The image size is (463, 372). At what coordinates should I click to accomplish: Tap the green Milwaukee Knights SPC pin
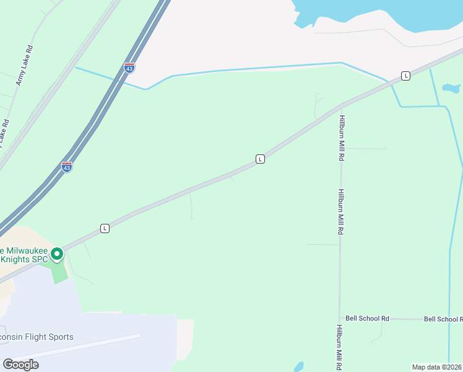tap(57, 254)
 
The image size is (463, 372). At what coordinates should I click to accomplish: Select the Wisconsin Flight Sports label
tap(37, 337)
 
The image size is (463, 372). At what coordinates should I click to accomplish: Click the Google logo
tap(20, 365)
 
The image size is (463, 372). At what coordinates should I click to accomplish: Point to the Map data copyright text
tap(437, 367)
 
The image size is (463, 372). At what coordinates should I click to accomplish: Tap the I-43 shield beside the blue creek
tap(129, 67)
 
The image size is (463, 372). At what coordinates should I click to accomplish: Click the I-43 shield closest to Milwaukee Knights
tap(67, 167)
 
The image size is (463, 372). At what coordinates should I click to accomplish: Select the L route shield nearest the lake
tap(405, 76)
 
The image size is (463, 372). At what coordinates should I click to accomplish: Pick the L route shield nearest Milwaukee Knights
tap(105, 228)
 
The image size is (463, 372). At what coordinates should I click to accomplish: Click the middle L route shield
tap(261, 159)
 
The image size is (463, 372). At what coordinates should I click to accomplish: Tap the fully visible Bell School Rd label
tap(367, 319)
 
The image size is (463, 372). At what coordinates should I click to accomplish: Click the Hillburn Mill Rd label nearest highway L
tap(341, 138)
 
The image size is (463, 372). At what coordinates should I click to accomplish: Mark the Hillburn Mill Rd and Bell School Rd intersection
tap(340, 319)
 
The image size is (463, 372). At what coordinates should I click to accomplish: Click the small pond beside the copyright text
tap(299, 366)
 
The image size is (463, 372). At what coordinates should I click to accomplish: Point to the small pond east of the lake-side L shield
tap(448, 89)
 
